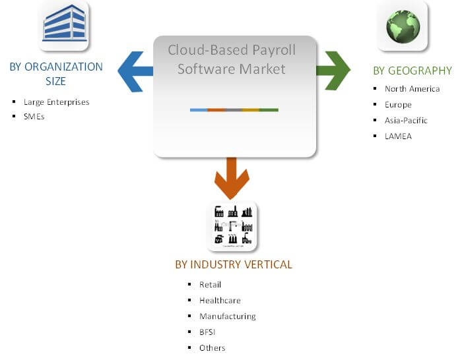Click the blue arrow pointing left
[x=135, y=71]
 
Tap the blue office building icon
[x=64, y=24]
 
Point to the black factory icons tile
[x=233, y=226]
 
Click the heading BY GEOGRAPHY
[x=412, y=71]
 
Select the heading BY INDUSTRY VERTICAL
[x=234, y=265]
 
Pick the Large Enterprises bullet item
[x=56, y=102]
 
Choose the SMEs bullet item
[x=34, y=117]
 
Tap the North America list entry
[x=412, y=89]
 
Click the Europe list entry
[x=398, y=105]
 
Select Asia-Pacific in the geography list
[x=406, y=121]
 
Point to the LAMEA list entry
[x=398, y=136]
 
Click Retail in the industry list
[x=210, y=285]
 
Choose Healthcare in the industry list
[x=220, y=301]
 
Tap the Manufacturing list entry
[x=227, y=316]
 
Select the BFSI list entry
[x=207, y=332]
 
